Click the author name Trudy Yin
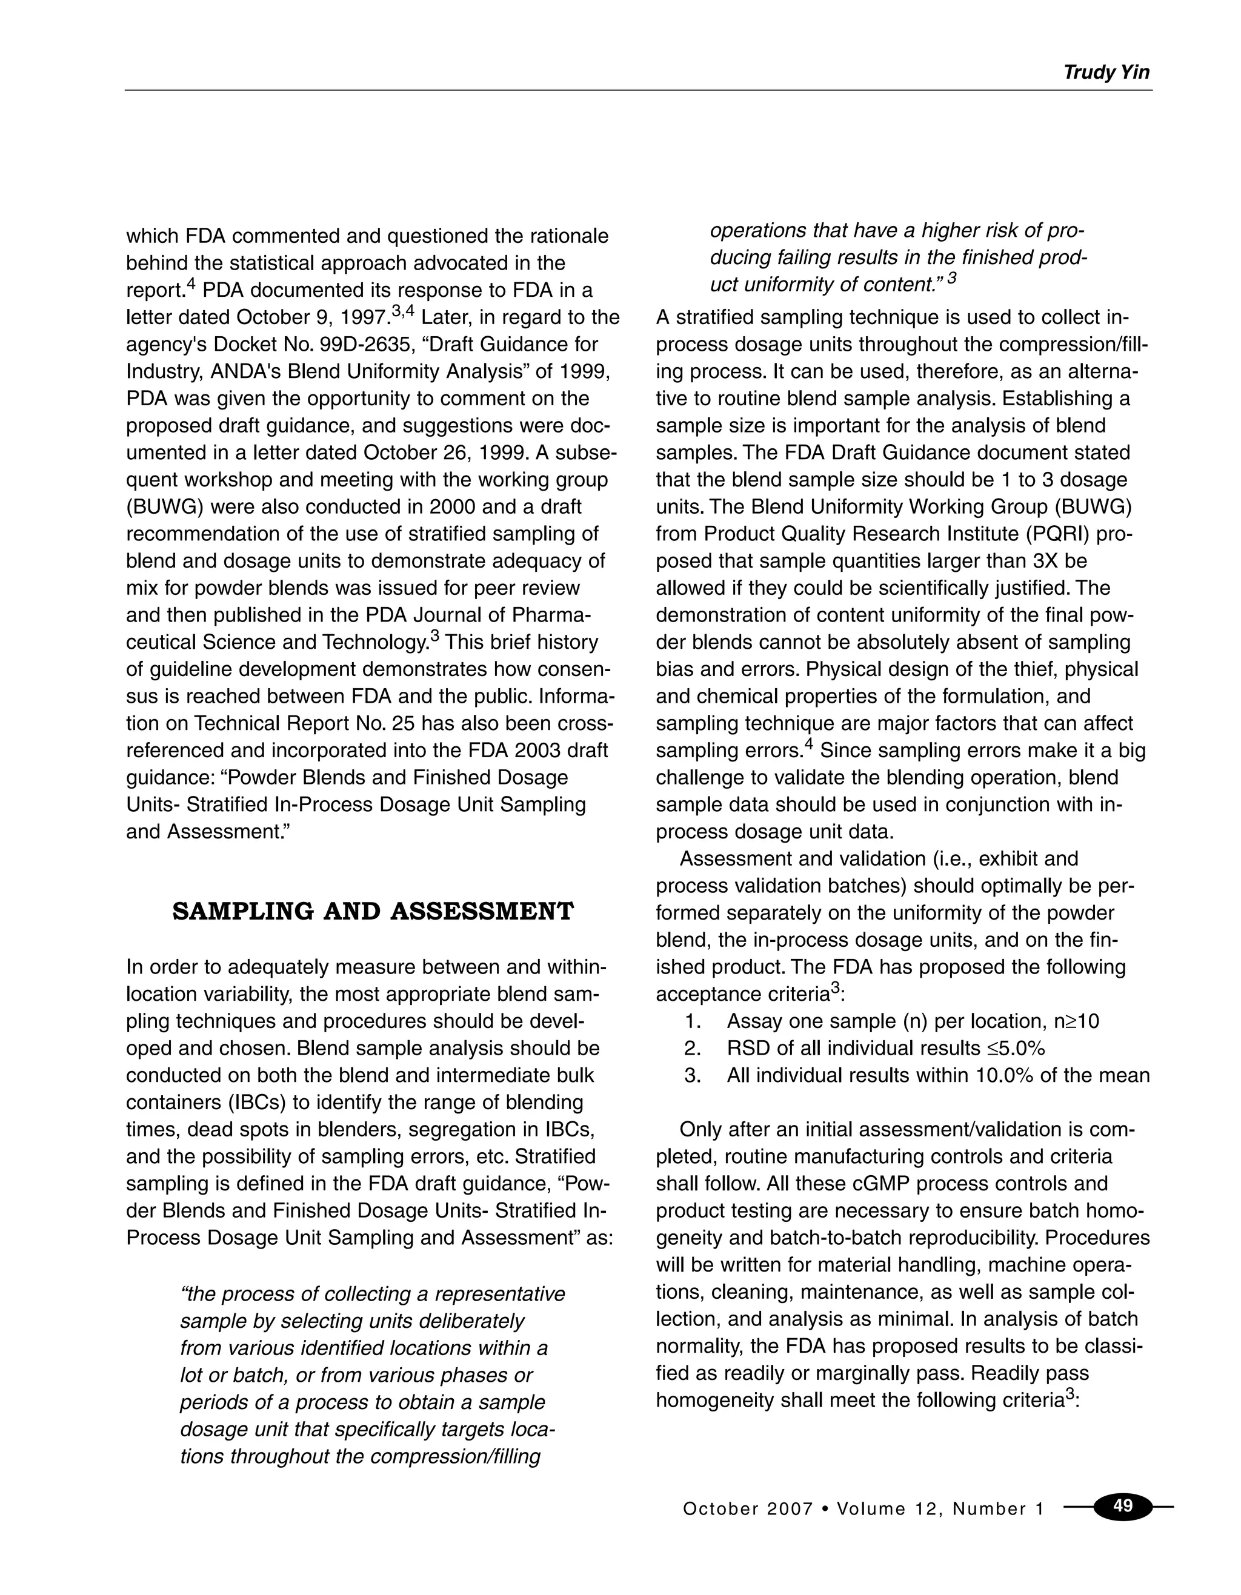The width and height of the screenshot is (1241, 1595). (1106, 72)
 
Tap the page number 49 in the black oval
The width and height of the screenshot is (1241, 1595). (1123, 1506)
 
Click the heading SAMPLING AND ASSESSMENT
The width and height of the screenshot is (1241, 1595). (373, 912)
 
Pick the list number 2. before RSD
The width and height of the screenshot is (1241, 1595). (693, 1048)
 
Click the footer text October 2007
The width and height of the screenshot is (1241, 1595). (747, 1509)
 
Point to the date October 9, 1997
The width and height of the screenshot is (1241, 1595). (314, 317)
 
